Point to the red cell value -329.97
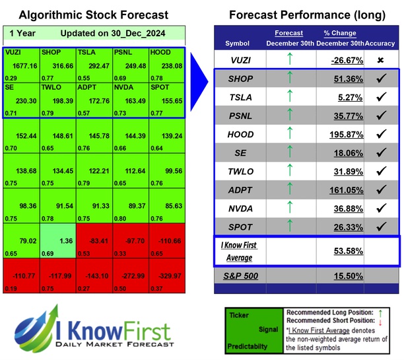(x=166, y=275)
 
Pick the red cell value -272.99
(x=129, y=275)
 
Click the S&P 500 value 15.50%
(x=341, y=275)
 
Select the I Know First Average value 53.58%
(x=341, y=250)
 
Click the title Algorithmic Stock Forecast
(x=93, y=15)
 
